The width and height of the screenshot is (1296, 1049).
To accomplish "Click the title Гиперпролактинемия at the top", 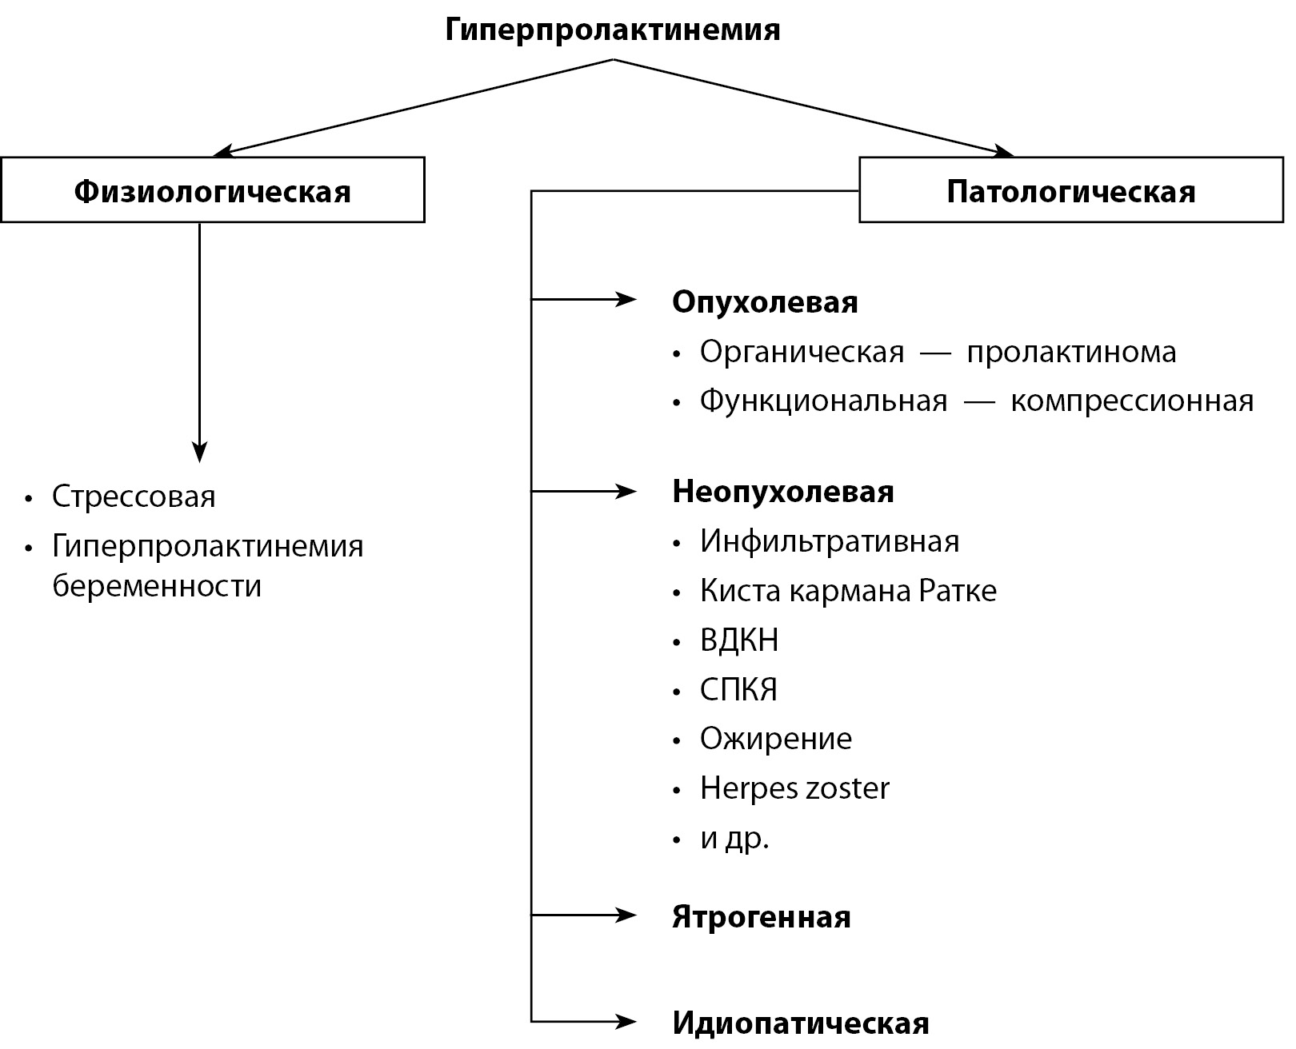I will [x=612, y=30].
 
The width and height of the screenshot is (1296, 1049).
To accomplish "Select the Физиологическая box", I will [x=213, y=190].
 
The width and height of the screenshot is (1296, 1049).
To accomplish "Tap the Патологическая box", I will [x=1070, y=190].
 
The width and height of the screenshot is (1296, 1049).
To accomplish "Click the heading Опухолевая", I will [x=765, y=302].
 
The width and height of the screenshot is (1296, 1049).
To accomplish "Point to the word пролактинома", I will [x=1071, y=352].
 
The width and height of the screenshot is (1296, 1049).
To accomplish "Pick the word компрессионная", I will [x=1132, y=400].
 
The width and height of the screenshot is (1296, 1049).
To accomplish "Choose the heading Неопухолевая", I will [x=783, y=491].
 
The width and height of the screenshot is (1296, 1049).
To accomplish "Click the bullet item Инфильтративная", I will [x=829, y=541].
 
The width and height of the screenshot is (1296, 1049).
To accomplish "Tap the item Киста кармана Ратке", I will [x=848, y=591].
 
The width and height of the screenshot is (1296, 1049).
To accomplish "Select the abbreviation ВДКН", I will [x=738, y=640].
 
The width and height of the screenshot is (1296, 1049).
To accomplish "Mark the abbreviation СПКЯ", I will [x=738, y=689].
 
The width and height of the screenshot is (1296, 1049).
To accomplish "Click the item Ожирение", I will [x=775, y=738].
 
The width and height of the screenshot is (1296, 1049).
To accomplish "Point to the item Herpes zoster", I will [x=794, y=788].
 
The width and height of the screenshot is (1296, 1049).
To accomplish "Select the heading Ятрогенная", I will [x=761, y=916].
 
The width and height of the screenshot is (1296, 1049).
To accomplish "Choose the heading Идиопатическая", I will [x=801, y=1023].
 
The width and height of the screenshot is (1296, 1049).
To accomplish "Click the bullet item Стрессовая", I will [x=134, y=497].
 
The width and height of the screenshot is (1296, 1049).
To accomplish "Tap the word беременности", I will [x=157, y=586].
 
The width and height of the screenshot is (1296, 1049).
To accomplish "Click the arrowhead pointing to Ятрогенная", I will [x=627, y=915].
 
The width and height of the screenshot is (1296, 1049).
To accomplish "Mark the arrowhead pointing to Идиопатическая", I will [x=627, y=1021].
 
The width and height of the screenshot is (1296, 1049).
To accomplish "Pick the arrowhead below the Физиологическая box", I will [x=199, y=453].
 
